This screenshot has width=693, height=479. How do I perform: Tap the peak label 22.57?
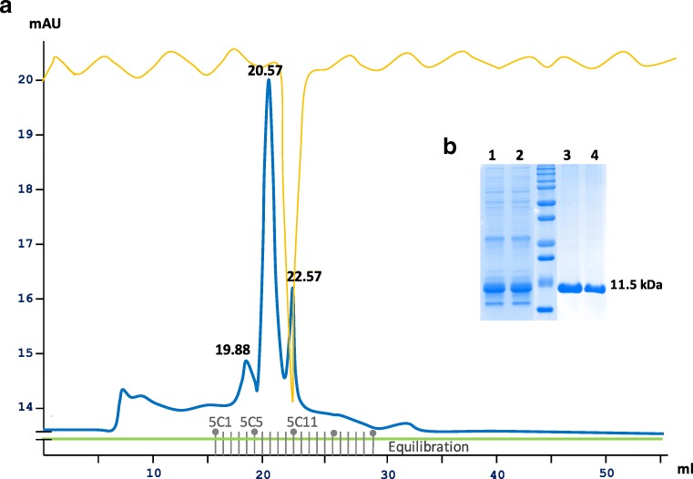pos(304,275)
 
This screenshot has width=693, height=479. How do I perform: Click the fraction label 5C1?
pos(219,423)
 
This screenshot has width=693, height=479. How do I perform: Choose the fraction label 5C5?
pos(251,423)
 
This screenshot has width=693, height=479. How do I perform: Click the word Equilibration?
pos(428,447)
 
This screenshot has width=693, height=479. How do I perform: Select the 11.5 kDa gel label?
pos(637,285)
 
